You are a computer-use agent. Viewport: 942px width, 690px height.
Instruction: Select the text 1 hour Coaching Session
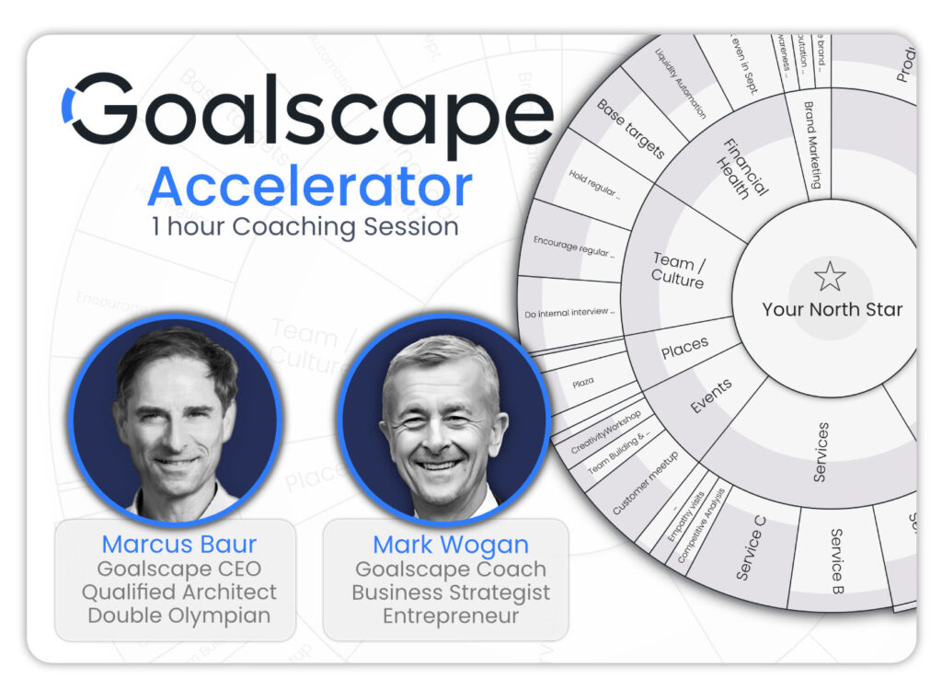pos(304,226)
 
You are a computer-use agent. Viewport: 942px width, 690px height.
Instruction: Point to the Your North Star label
pos(832,309)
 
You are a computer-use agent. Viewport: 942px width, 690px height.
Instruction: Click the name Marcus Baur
pos(178,544)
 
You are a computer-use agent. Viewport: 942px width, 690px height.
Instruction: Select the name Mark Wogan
pos(450,544)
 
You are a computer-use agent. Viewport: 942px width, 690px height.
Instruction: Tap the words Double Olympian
pos(178,615)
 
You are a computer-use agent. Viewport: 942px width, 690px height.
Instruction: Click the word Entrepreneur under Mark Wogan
pos(450,615)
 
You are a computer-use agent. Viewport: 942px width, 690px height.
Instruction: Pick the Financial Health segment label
pos(741,168)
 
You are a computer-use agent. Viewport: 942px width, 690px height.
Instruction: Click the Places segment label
pos(684,348)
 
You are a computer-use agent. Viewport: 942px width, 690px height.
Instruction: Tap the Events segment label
pos(712,397)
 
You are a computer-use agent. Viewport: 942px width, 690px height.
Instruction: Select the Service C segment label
pos(751,546)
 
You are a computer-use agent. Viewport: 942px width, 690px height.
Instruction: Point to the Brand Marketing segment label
pos(810,145)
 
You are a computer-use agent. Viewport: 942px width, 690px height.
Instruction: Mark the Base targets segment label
pos(630,130)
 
